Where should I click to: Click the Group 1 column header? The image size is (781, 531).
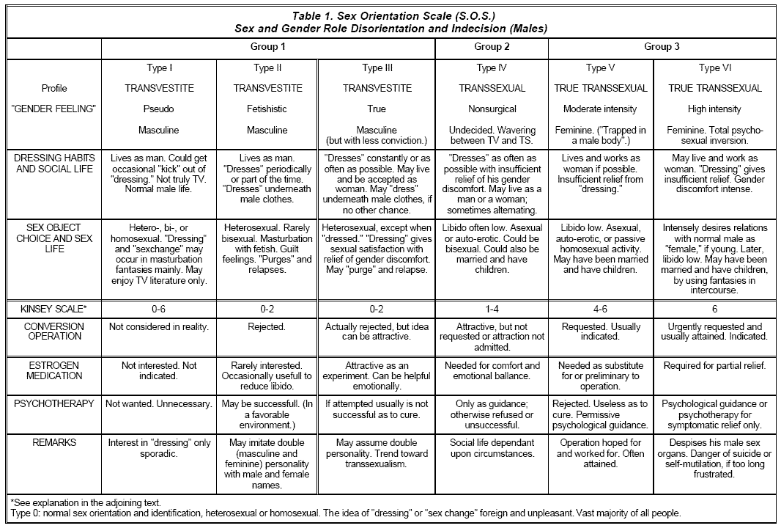click(x=267, y=47)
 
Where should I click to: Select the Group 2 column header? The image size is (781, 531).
click(x=492, y=47)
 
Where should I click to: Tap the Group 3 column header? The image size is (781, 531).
click(x=662, y=47)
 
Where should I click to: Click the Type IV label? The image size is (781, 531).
click(x=492, y=68)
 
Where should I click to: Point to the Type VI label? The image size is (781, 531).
click(x=709, y=68)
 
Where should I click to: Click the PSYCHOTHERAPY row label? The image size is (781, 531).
click(x=54, y=403)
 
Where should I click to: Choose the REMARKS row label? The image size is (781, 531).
click(x=54, y=443)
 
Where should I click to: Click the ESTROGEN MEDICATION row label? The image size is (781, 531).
click(x=54, y=370)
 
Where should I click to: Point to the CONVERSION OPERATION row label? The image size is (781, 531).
click(x=54, y=332)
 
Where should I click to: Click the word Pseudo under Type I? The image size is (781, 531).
click(x=159, y=109)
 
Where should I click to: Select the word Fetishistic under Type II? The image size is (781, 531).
click(x=267, y=109)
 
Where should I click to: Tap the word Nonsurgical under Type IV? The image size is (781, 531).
click(x=492, y=109)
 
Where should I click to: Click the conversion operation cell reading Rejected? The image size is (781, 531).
click(x=267, y=326)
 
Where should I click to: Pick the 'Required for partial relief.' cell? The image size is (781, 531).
click(x=714, y=365)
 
